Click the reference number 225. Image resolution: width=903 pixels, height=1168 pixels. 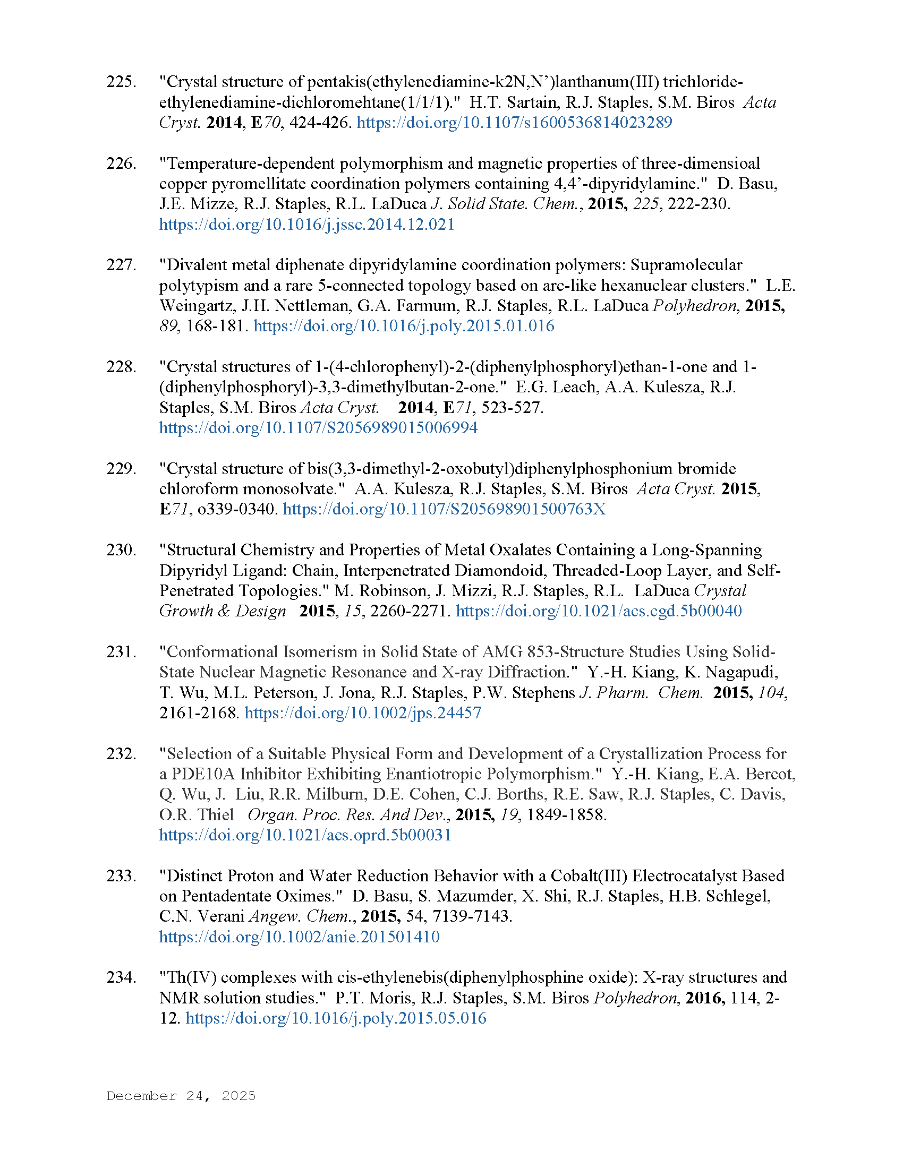click(121, 82)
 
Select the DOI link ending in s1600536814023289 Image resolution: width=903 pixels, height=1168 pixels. click(514, 123)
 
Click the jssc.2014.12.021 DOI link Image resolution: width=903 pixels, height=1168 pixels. click(306, 224)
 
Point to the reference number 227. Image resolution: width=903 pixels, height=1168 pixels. click(121, 265)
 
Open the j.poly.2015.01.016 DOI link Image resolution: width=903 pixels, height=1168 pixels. click(404, 325)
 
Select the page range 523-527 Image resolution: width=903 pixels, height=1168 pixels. click(512, 408)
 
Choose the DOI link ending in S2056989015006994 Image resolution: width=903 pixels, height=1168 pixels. click(318, 428)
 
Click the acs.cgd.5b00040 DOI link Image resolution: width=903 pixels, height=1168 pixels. click(599, 611)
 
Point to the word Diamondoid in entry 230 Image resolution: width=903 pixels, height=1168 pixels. click(502, 570)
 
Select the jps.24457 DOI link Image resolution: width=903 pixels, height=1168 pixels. click(363, 712)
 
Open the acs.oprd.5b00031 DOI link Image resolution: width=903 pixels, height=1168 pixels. click(305, 835)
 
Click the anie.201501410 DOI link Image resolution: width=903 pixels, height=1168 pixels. click(299, 937)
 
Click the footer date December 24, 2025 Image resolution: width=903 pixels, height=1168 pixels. click(181, 1096)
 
